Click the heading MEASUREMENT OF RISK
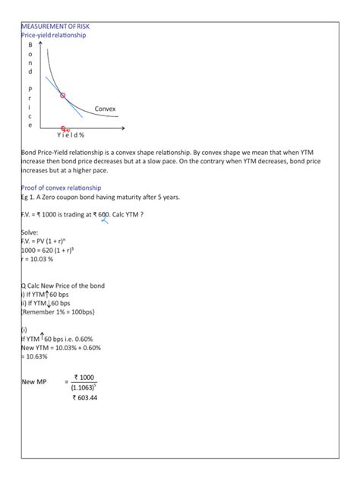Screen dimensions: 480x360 (55, 27)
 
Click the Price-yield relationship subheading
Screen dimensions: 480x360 (54, 36)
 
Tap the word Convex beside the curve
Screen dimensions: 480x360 (106, 109)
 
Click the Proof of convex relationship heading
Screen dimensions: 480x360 (62, 188)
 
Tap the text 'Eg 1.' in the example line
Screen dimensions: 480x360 (30, 197)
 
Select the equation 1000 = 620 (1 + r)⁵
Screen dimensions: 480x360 (52, 250)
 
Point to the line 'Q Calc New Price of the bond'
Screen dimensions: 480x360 (63, 286)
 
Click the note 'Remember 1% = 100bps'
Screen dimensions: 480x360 (58, 311)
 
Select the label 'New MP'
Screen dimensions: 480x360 (34, 382)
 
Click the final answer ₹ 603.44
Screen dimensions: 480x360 (85, 398)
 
